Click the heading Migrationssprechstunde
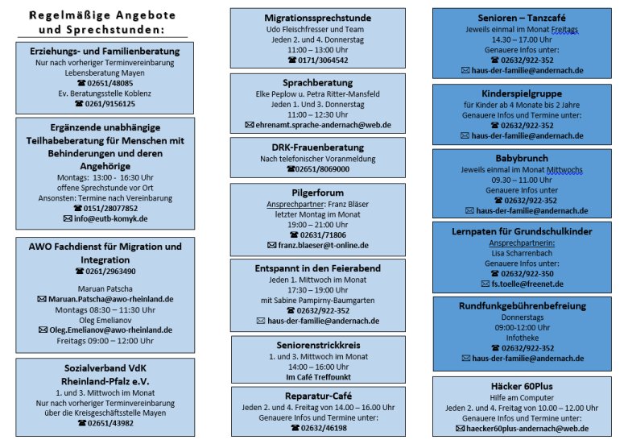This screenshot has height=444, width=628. click(x=317, y=18)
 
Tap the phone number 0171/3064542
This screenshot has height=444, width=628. click(x=323, y=60)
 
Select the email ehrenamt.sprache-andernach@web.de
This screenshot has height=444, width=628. click(x=323, y=125)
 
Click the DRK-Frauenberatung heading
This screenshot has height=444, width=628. click(x=317, y=147)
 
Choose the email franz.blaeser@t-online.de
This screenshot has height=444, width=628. click(x=323, y=245)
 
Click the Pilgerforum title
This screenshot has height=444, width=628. click(x=317, y=193)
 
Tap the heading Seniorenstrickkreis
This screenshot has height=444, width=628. click(x=318, y=345)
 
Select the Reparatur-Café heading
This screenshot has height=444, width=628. click(x=318, y=396)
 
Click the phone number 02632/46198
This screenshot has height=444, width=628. click(x=324, y=428)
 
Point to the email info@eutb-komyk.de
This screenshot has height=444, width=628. click(x=110, y=219)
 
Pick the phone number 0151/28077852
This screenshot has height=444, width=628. click(x=110, y=209)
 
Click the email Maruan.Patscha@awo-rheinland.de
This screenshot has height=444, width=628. click(x=111, y=299)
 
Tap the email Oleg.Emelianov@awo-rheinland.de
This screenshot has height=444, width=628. click(x=111, y=330)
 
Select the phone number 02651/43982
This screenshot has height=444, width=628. click(x=110, y=423)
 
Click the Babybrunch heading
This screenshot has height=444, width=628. click(x=522, y=158)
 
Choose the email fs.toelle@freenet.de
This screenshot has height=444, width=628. click(x=527, y=284)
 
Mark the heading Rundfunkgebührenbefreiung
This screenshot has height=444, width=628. click(x=523, y=306)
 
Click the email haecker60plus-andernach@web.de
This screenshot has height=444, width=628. click(x=527, y=429)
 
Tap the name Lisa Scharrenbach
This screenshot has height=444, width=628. click(x=522, y=253)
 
